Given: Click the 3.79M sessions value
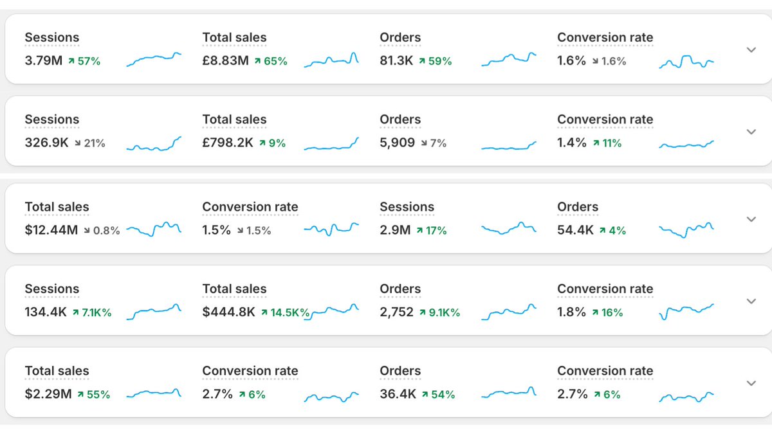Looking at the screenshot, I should tap(44, 61).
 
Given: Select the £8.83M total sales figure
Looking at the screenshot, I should tap(225, 61).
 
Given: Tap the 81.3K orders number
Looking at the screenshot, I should tap(396, 61).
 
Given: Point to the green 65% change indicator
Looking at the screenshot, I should tap(271, 61).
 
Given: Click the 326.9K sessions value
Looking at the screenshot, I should tap(46, 143).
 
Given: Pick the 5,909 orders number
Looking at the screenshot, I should tap(398, 143).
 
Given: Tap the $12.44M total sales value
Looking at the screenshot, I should tap(51, 230).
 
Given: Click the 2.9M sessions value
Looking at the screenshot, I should tap(395, 230).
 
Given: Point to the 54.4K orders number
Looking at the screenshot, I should tap(575, 230).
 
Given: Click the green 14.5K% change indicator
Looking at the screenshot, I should tap(285, 312).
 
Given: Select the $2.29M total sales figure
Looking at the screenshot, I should tap(48, 394).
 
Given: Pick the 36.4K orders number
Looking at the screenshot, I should tap(398, 394).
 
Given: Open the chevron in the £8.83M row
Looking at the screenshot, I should tap(751, 50).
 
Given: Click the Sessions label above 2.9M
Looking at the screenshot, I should tap(407, 207).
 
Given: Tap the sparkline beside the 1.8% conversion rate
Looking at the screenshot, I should tap(686, 311).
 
